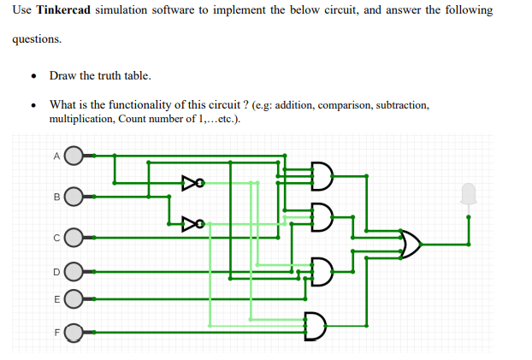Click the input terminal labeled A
click(x=74, y=156)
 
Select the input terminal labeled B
click(x=74, y=197)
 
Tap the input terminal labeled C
click(x=74, y=235)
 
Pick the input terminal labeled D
click(x=74, y=273)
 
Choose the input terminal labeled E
click(x=74, y=300)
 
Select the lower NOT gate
click(x=191, y=224)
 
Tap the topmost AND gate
click(x=321, y=175)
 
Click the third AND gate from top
click(x=321, y=272)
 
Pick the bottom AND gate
click(x=315, y=326)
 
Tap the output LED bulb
click(x=468, y=195)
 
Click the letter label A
click(x=56, y=156)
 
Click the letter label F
click(x=56, y=329)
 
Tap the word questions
click(x=36, y=39)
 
